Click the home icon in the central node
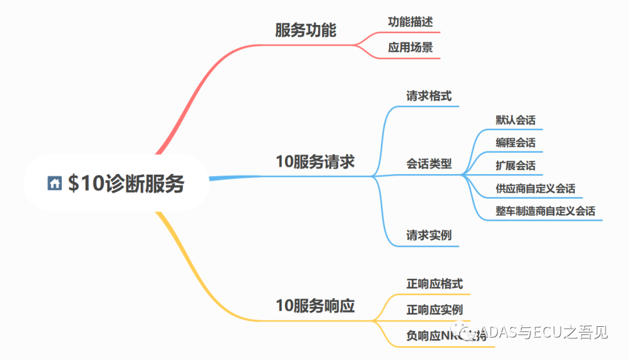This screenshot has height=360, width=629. coord(55,183)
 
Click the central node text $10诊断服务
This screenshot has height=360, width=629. coord(126,183)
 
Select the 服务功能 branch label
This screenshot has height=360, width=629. coord(306,30)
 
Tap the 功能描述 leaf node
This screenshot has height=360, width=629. coord(411,22)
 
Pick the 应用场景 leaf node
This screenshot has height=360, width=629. coord(411,48)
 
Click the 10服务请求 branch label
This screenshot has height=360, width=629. coord(315,161)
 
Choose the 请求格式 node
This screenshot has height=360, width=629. coord(429,96)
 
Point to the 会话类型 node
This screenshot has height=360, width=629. coord(429,164)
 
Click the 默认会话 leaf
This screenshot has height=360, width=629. coord(515,120)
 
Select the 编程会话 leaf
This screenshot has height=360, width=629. coord(515,143)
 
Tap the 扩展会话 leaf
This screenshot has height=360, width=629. coord(515,165)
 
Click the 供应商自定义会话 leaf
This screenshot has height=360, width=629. coord(535,189)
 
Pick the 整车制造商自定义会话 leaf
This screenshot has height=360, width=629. coord(545,211)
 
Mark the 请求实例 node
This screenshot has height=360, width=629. coord(429,236)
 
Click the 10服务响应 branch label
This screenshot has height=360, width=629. coord(315,306)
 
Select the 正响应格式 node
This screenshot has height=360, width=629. coord(434,284)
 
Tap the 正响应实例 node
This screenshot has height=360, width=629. coord(434,310)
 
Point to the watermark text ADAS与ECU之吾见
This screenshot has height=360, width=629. coord(545,332)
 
